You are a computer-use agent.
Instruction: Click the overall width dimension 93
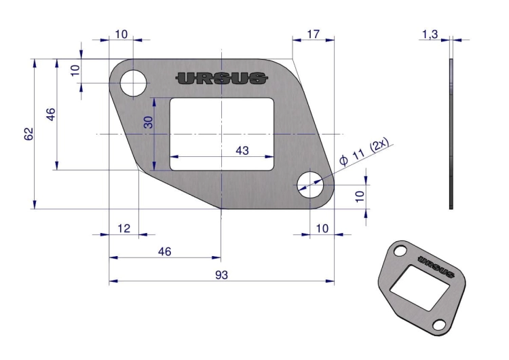point(221,275)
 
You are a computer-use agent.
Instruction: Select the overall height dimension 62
point(29,134)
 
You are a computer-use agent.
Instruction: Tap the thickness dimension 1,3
point(430,34)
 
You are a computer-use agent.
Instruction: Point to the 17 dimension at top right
point(314,34)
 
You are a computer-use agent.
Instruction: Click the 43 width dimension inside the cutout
point(242,150)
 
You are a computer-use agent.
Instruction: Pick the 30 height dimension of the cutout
point(149,122)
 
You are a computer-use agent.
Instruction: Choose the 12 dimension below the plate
point(124,228)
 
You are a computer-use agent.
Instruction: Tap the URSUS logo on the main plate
point(222,78)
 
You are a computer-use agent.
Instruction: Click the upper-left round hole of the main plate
point(134,83)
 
